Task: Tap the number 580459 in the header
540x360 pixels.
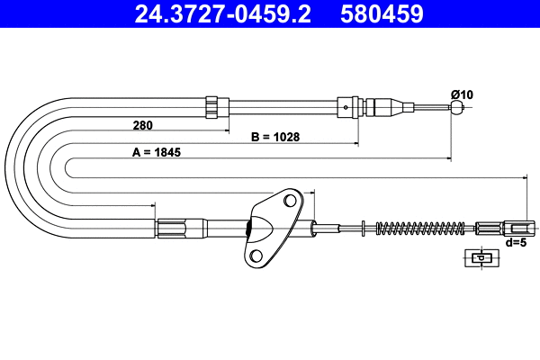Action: [384, 14]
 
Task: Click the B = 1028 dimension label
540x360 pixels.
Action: [274, 138]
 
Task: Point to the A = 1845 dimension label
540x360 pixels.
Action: [157, 152]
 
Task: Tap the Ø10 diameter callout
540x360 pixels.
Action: [461, 94]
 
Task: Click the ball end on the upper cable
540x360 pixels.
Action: [458, 109]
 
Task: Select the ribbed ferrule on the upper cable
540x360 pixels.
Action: [212, 107]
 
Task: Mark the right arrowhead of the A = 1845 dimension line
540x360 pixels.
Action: [446, 159]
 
